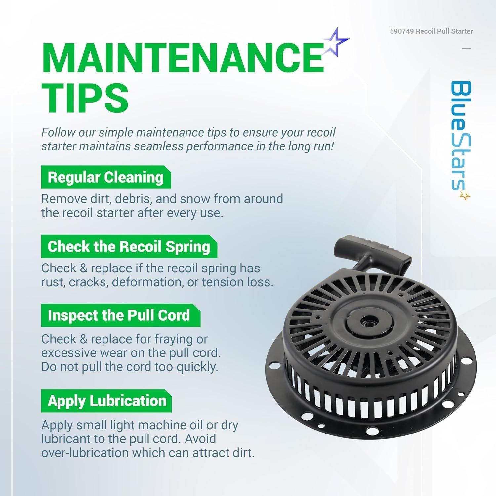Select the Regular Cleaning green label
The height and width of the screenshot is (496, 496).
coord(106,177)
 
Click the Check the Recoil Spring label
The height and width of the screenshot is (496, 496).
coord(129,246)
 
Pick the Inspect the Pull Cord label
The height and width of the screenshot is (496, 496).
coord(120,315)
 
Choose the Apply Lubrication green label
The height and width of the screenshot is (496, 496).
coord(106,401)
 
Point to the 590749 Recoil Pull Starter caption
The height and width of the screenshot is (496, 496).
coord(431,31)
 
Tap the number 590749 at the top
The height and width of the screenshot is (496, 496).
coord(402,31)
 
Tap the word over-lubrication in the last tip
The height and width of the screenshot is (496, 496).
coord(85,453)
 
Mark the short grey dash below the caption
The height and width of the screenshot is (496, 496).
coord(466,48)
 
